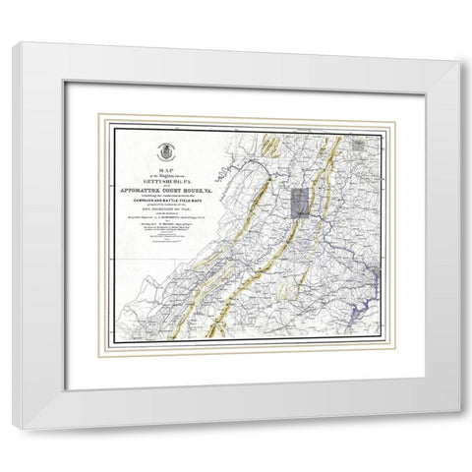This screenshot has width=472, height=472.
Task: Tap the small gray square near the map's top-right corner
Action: pos(366,145)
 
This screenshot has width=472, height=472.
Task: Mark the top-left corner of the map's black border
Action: pos(110,126)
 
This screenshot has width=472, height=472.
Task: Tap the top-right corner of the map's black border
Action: pos(382,126)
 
